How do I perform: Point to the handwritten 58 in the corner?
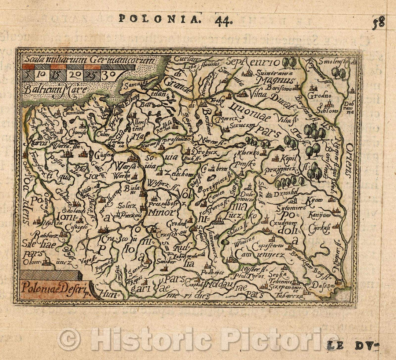click(378, 23)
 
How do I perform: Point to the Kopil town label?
click(288, 157)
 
